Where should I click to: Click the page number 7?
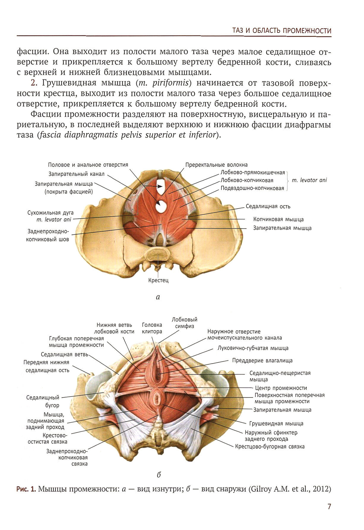tap(329, 506)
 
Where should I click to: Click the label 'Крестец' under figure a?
tap(158, 280)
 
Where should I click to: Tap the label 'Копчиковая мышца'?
tap(278, 219)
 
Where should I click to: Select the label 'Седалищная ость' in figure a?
tap(268, 206)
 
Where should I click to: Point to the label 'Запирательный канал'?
tap(77, 174)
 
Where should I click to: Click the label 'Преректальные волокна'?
tap(216, 165)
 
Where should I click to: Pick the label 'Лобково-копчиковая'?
tap(247, 180)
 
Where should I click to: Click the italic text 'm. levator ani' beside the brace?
tap(309, 180)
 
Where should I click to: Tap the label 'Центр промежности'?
tap(281, 388)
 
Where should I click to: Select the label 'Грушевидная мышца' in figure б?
tap(276, 424)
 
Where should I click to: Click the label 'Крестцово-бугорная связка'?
tap(270, 446)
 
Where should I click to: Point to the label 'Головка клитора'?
tap(152, 328)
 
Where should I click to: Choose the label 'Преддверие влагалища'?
tap(262, 361)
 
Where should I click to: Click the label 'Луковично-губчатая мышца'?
tap(253, 348)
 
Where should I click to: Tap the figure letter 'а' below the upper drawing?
tap(158, 297)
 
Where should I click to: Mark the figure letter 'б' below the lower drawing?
tap(159, 475)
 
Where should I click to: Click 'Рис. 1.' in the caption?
tap(26, 489)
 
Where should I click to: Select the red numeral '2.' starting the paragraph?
tap(34, 83)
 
